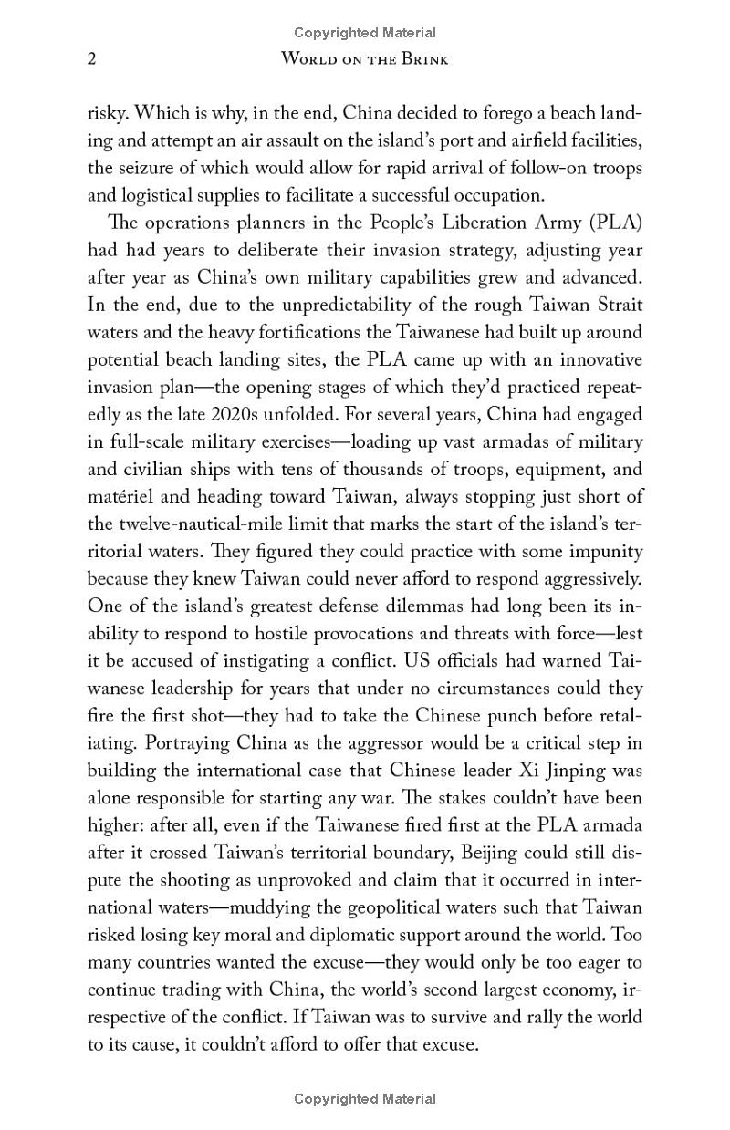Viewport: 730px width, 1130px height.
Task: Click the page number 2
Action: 92,60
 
